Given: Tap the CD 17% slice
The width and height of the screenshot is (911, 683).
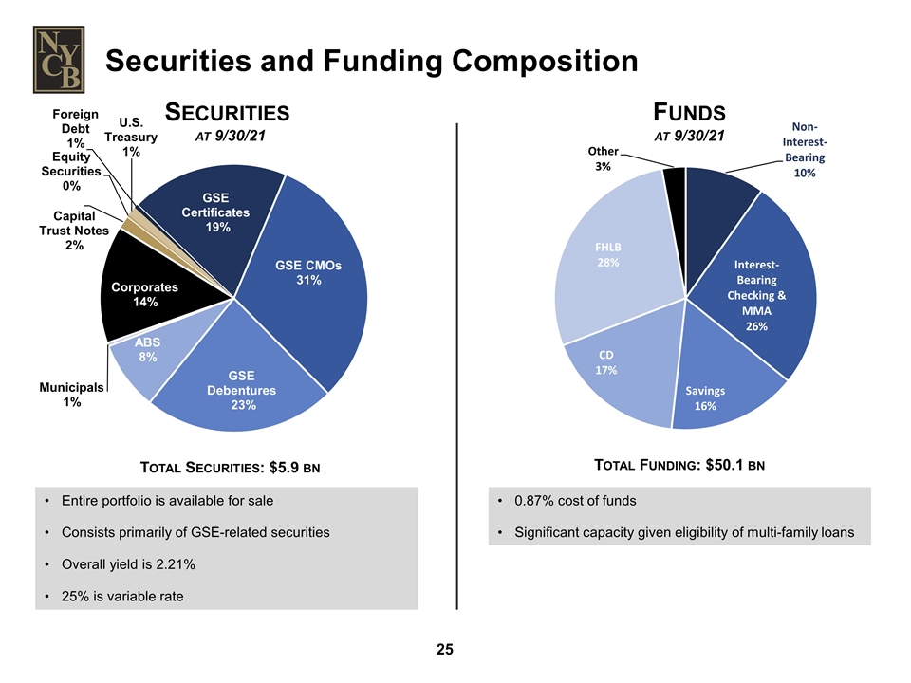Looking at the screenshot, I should click(612, 365).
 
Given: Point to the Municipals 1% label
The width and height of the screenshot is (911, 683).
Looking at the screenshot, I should click(68, 395).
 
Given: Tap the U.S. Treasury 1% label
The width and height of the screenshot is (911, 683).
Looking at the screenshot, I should click(131, 137).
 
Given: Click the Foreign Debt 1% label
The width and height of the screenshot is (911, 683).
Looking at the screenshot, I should click(75, 128).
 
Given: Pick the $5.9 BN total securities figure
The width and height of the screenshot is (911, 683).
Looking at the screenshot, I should click(294, 468).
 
